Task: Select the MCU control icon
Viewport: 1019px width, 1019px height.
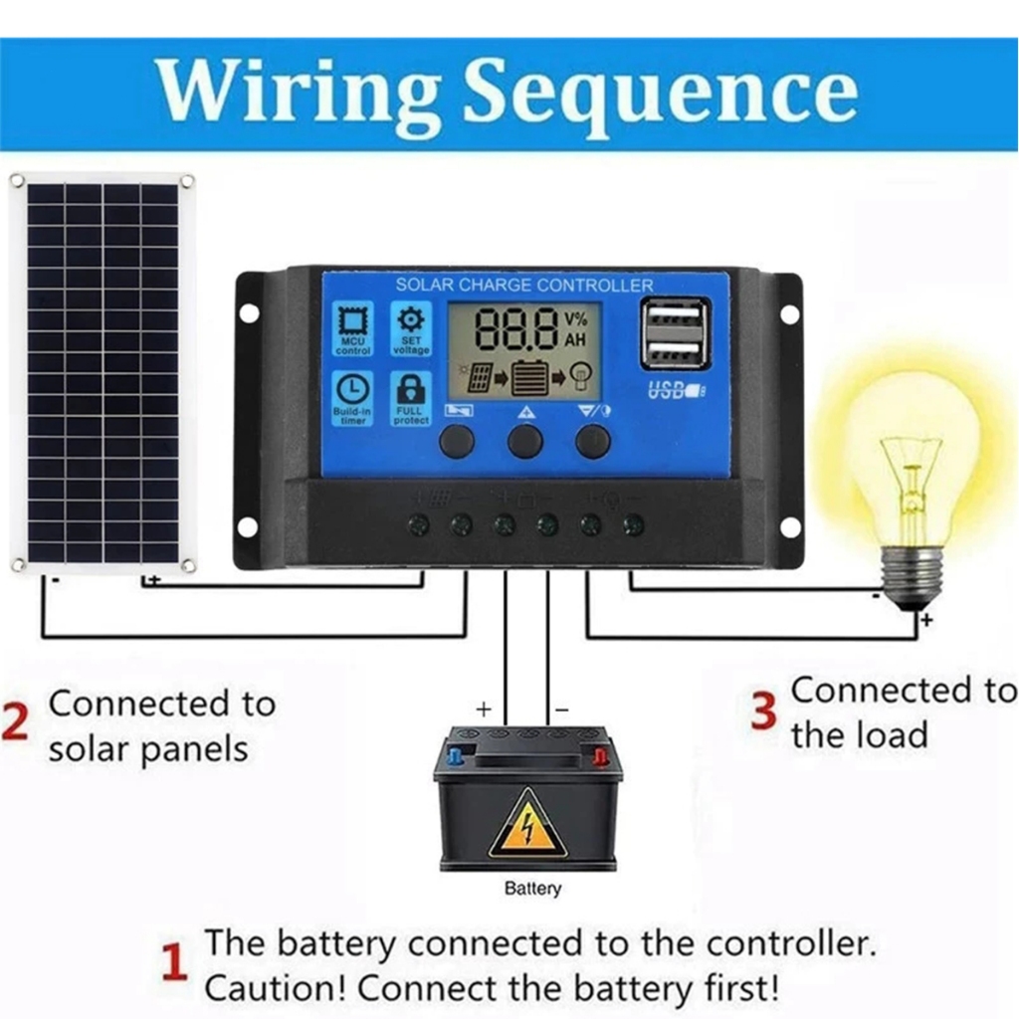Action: (353, 327)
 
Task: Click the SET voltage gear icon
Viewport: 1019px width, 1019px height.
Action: (410, 327)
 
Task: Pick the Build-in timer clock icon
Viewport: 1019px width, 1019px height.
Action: (353, 397)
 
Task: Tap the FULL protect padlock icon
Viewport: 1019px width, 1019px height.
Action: (410, 397)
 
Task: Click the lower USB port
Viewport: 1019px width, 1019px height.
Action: (676, 352)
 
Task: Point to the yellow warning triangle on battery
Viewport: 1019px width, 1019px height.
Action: (527, 826)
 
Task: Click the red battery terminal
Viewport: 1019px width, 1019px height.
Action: (600, 757)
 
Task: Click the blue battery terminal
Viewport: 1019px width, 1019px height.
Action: (455, 756)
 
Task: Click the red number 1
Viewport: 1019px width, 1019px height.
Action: (174, 964)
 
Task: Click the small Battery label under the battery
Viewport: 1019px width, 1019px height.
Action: (532, 889)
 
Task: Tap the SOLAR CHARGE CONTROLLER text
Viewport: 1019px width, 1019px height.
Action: (524, 286)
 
